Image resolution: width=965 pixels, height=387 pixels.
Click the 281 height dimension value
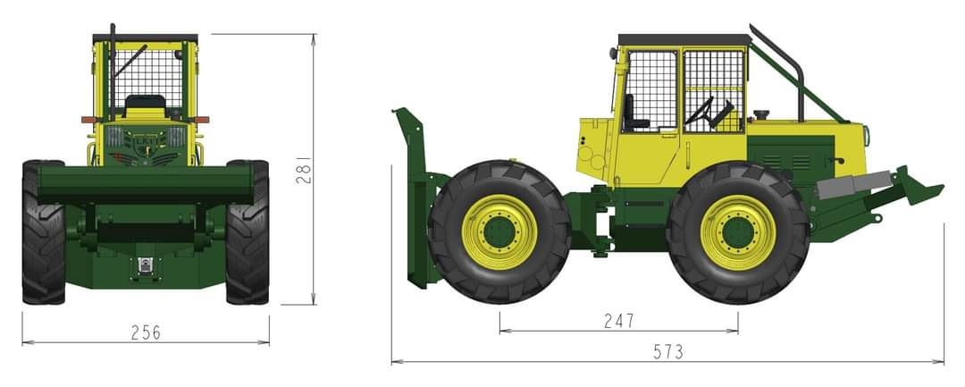[x=304, y=170]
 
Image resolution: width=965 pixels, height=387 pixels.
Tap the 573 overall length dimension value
[x=667, y=351]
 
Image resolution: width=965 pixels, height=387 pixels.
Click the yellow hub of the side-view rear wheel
[x=737, y=232]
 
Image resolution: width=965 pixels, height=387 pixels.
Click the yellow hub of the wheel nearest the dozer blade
[x=499, y=231]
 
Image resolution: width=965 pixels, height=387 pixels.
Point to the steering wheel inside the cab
[x=706, y=111]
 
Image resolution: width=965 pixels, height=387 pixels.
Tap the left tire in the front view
[x=43, y=232]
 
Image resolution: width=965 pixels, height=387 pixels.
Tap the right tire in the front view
[x=248, y=232]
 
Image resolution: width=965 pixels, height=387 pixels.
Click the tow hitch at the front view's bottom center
[x=145, y=265]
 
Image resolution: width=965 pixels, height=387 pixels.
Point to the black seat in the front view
[x=145, y=105]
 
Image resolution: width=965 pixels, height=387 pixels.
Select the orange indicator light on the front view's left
[x=88, y=119]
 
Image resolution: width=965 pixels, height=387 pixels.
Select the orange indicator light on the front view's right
[x=202, y=119]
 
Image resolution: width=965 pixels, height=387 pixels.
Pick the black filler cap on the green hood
[x=762, y=115]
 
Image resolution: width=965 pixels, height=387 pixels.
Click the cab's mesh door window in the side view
[x=712, y=89]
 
